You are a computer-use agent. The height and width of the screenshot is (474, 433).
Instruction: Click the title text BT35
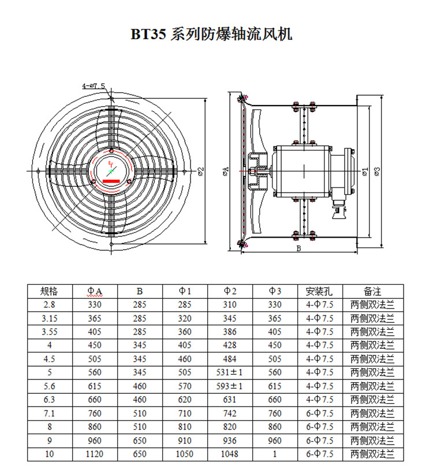coord(148,35)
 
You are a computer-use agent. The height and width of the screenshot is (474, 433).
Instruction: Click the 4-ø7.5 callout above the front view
coord(93,86)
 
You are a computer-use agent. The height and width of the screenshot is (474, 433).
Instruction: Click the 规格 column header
coord(50,291)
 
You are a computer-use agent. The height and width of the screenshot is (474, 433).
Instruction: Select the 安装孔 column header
coord(320,291)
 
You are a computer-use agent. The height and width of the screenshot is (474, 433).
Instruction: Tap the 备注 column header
coord(372,291)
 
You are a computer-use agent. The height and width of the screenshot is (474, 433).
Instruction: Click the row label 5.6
coord(50,386)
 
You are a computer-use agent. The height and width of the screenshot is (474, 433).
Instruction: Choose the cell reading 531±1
coord(230,372)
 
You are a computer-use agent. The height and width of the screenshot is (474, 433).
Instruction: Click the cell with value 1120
coord(95,454)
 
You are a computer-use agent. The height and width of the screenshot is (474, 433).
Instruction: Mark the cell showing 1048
coord(230,454)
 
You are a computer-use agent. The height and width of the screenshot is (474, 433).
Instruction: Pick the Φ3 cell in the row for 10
coord(275,454)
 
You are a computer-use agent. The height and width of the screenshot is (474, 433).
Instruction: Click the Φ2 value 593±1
coord(230,386)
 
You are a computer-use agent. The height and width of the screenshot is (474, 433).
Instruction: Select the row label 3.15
coord(50,318)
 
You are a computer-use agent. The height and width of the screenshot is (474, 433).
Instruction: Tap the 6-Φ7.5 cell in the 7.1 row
coord(320,413)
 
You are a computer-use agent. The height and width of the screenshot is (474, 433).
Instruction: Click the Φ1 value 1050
coord(185,454)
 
